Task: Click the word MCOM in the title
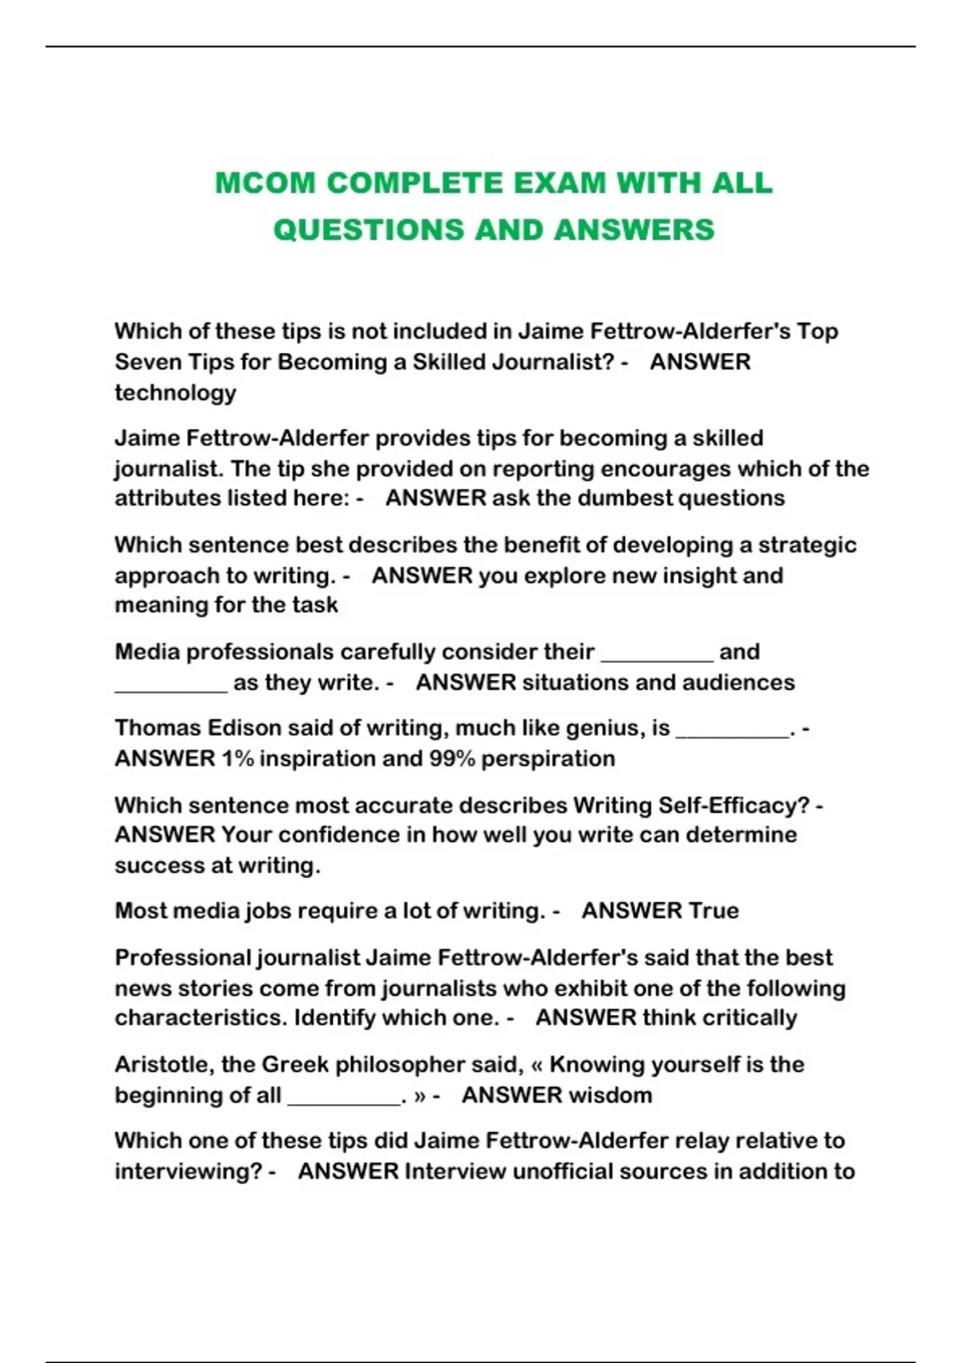(265, 184)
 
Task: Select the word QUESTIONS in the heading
(368, 230)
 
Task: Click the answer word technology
(176, 393)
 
